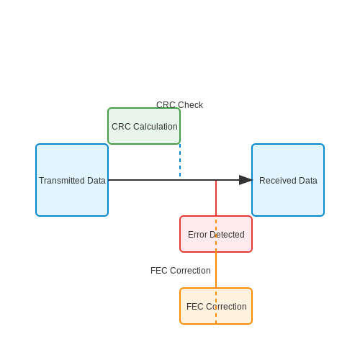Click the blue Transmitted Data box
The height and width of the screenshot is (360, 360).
pyautogui.click(x=72, y=180)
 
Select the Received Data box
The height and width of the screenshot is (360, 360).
pyautogui.click(x=288, y=180)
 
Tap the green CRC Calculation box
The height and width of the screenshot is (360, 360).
pyautogui.click(x=144, y=126)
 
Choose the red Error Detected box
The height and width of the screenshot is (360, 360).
pyautogui.click(x=216, y=234)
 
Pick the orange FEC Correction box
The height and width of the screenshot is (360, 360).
pyautogui.click(x=216, y=306)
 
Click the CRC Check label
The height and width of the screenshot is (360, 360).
pyautogui.click(x=179, y=105)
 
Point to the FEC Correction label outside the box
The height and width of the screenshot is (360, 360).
pyautogui.click(x=181, y=271)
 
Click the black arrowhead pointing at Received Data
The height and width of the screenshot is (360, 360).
pyautogui.click(x=246, y=180)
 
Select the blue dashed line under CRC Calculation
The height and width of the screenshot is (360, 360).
pyautogui.click(x=180, y=161)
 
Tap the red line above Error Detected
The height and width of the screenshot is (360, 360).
pyautogui.click(x=216, y=198)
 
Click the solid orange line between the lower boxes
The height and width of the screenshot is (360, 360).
pyautogui.click(x=216, y=270)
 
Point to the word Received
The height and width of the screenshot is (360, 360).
pyautogui.click(x=276, y=181)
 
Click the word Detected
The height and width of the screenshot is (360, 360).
pyautogui.click(x=227, y=235)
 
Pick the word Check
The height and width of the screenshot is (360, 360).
pyautogui.click(x=191, y=105)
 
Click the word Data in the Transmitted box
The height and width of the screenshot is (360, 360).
pyautogui.click(x=96, y=181)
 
